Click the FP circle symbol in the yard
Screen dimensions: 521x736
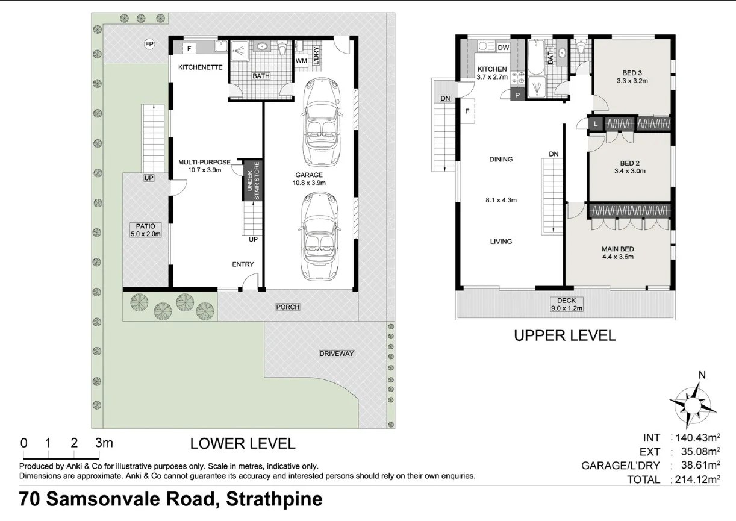point(149,44)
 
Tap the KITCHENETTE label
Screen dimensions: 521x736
point(201,68)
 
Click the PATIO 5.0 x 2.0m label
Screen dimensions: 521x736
point(145,230)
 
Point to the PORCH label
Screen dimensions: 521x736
point(288,307)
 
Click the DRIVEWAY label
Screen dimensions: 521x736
point(337,354)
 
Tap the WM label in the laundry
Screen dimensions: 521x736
point(301,61)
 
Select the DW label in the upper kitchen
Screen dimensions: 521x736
point(504,48)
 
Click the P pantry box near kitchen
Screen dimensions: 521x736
point(518,95)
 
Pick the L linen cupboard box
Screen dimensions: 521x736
point(596,124)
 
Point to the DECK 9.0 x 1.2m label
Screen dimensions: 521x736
point(567,304)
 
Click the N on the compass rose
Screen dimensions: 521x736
point(701,375)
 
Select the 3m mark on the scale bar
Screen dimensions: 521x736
point(104,443)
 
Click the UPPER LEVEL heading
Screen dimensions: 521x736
point(564,335)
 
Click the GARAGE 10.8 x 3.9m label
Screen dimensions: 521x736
point(309,178)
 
